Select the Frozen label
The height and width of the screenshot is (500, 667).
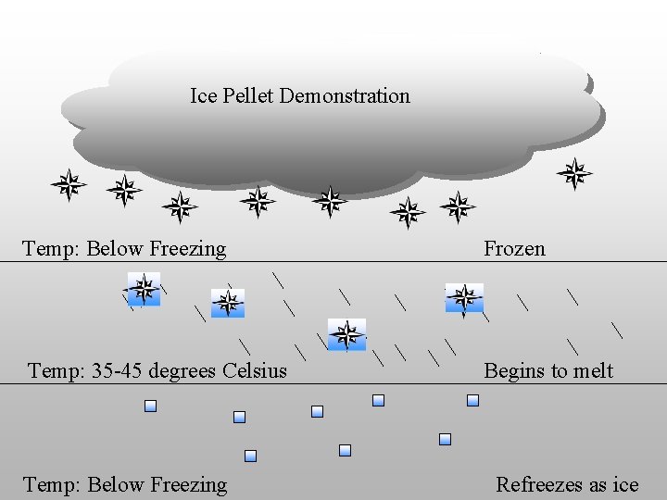coord(514,248)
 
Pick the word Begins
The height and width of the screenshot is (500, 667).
coord(512,371)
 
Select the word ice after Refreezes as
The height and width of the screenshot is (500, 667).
coord(625,484)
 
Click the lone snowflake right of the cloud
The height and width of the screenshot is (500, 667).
coord(574,173)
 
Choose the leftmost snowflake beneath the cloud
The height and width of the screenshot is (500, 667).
coord(68,184)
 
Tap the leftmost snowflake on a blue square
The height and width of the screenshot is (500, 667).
coord(144,289)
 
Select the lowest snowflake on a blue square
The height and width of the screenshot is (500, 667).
coord(346,334)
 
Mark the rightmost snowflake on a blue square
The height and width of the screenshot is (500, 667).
coord(464,298)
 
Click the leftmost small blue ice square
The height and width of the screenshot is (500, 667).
coord(150,406)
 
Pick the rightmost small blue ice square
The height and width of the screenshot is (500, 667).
coord(472,400)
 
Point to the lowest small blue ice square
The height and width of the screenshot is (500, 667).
coord(250,456)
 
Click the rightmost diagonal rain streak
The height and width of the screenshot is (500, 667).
coord(617,329)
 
